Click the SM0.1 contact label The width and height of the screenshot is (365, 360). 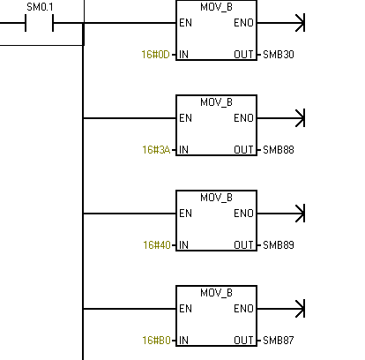[40, 7]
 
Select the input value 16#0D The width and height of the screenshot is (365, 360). [155, 55]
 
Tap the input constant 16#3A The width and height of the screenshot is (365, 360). [156, 150]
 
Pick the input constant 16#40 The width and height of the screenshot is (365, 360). [157, 245]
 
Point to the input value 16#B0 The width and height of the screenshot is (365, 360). [156, 341]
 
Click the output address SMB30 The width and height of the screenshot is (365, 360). [279, 55]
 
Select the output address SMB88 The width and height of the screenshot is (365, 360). [279, 150]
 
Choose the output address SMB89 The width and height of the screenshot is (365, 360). [279, 245]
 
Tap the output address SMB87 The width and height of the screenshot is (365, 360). [279, 341]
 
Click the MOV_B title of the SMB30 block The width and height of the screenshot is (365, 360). [216, 7]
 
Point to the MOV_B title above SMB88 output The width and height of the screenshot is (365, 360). [216, 102]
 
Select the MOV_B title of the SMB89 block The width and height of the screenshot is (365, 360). [216, 198]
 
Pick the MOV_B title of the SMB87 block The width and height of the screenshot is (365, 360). [216, 293]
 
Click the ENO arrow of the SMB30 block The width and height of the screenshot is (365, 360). [280, 23]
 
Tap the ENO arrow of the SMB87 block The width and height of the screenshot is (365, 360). [280, 309]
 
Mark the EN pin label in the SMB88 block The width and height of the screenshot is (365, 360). [185, 118]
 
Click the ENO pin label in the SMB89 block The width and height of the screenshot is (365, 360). [243, 214]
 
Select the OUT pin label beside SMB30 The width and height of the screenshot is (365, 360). [243, 55]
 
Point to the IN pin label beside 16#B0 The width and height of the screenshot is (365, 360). [183, 341]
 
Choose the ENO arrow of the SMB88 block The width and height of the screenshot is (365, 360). [280, 118]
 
